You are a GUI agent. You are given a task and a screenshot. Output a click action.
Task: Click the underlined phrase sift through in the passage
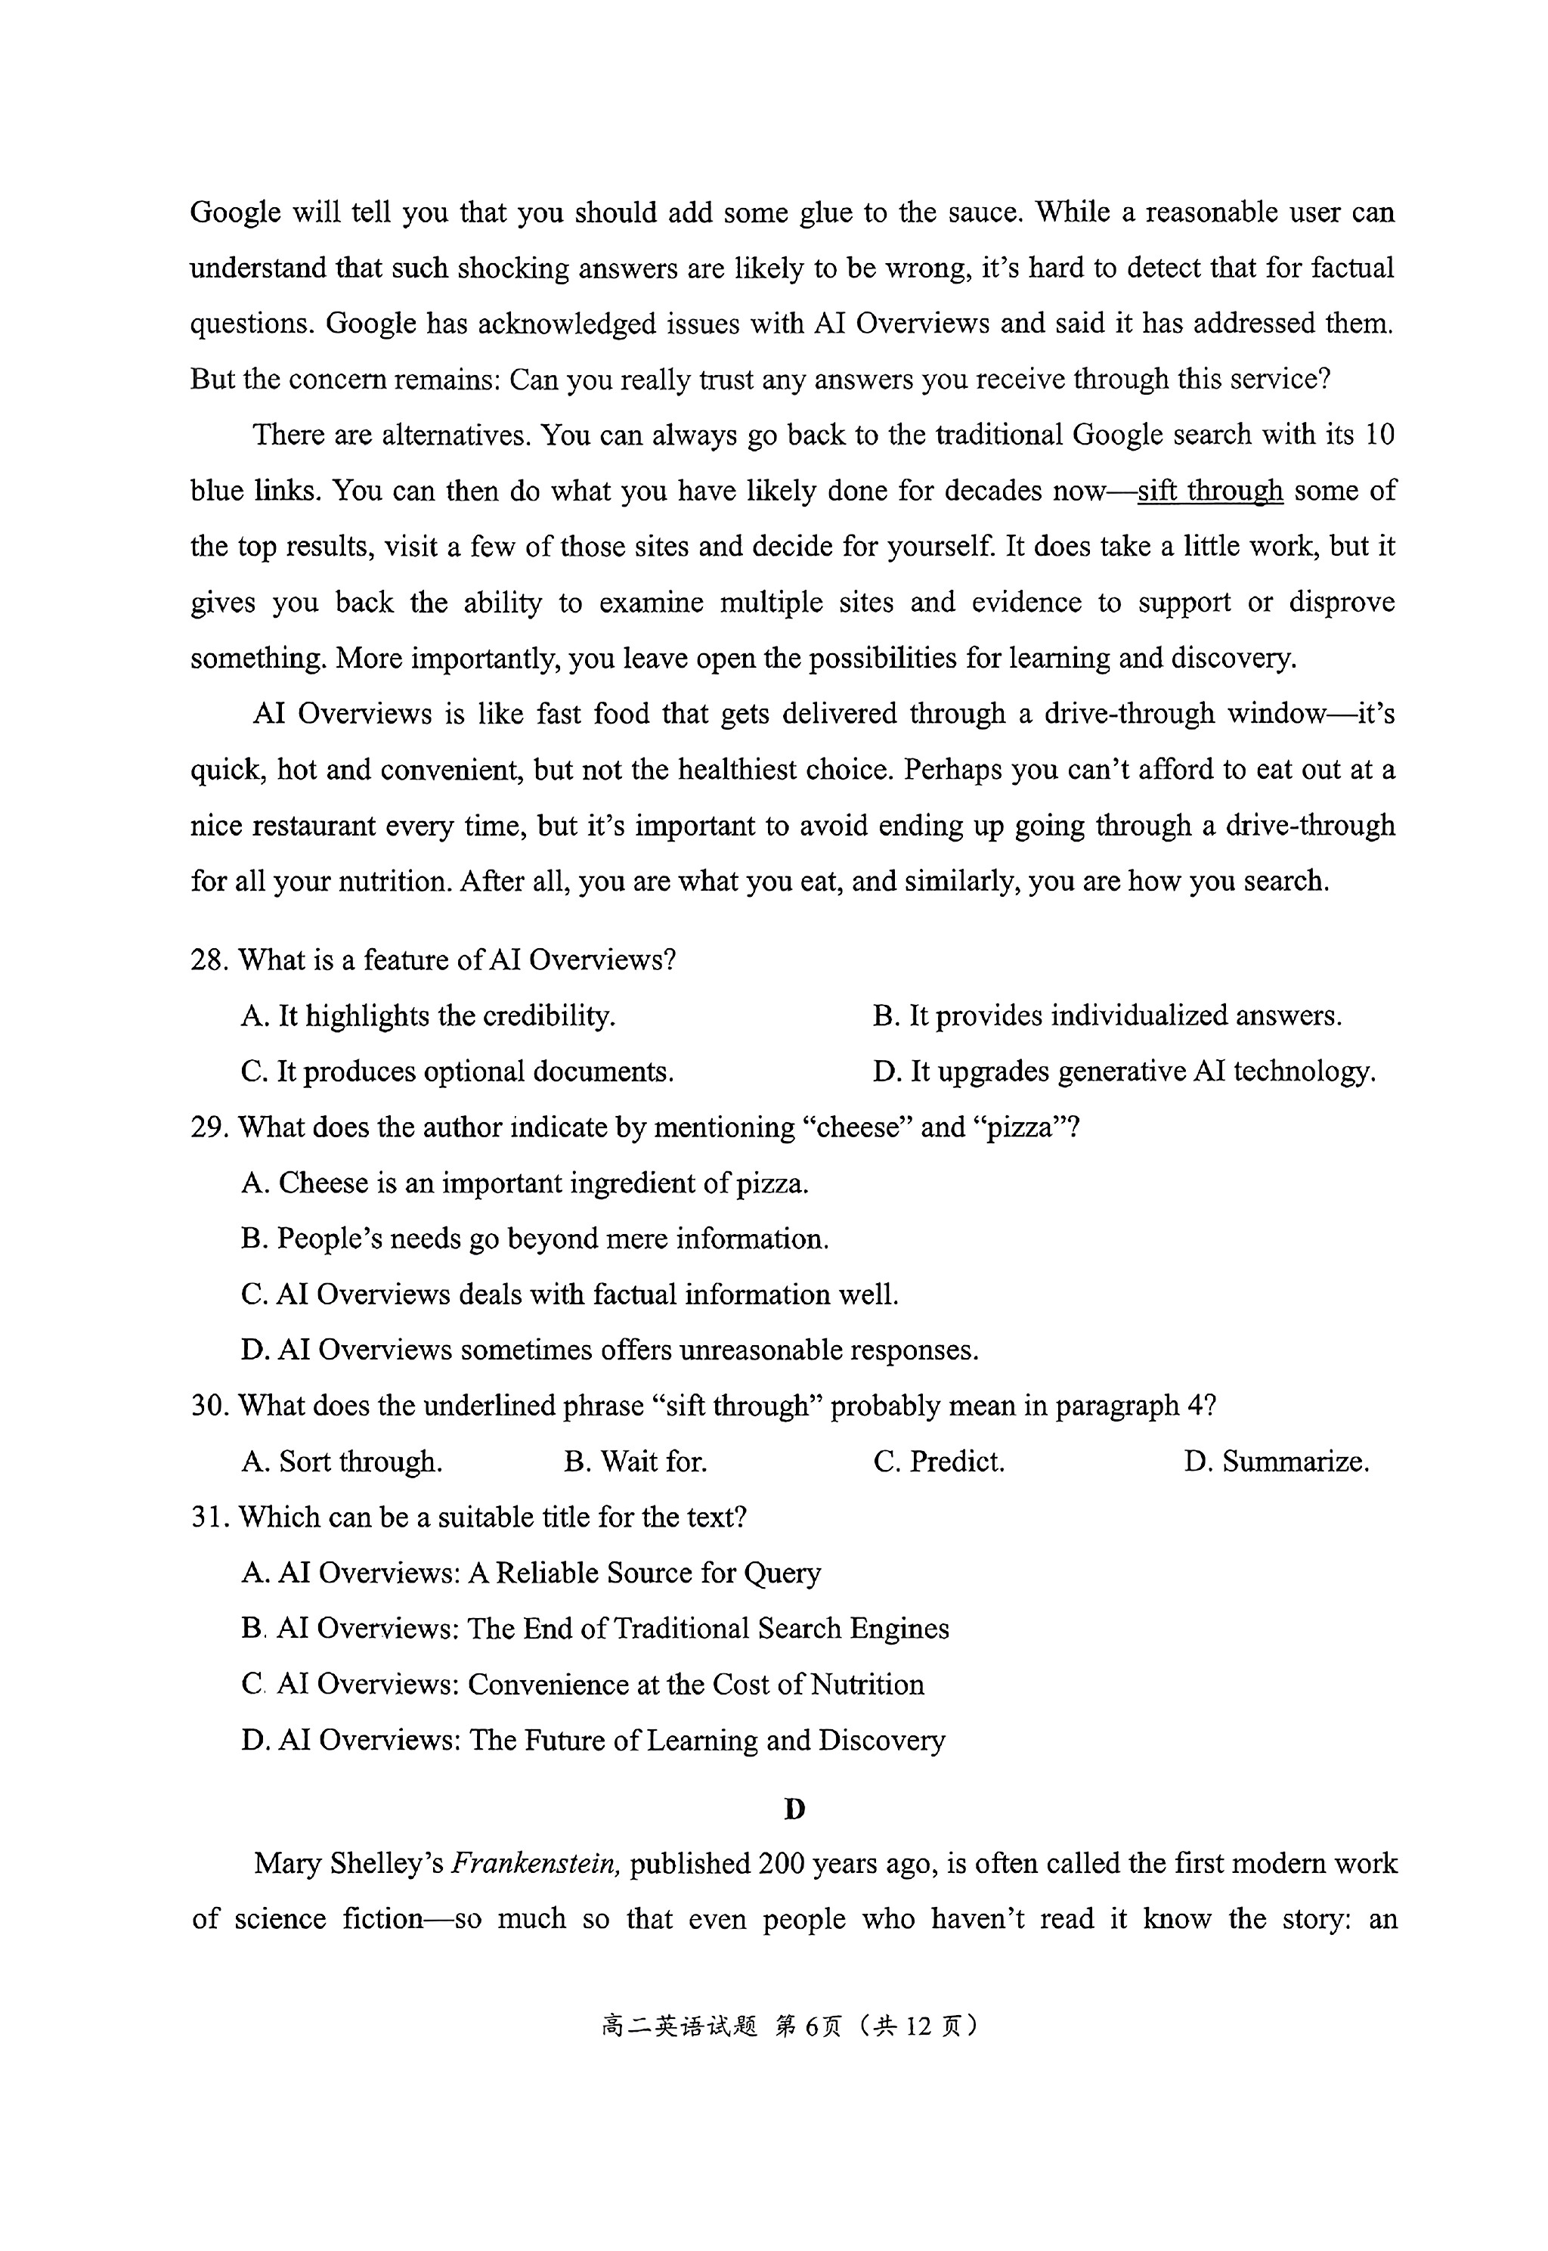coord(1209,491)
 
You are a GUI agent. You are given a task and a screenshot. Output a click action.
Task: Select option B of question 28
coord(1106,1015)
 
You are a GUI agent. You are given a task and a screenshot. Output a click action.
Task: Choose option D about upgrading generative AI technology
coord(1123,1072)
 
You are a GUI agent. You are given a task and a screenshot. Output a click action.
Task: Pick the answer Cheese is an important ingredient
coord(524,1183)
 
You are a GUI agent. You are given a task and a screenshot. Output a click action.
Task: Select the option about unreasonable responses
coord(609,1350)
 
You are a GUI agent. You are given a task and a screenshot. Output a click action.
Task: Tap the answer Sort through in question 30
coord(342,1462)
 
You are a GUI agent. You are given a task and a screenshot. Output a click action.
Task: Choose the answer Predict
coord(938,1462)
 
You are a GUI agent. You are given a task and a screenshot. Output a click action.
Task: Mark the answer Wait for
coord(636,1462)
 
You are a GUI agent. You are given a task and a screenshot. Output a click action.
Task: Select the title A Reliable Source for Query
coord(531,1573)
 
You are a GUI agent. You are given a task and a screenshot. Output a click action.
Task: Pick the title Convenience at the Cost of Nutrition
coord(582,1685)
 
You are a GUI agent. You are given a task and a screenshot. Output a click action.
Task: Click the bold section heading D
coord(794,1809)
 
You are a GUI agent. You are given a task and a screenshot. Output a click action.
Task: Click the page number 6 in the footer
coord(813,2026)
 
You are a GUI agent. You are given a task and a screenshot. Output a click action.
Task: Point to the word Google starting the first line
coord(235,212)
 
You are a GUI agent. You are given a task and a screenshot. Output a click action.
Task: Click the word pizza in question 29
coord(1018,1127)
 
